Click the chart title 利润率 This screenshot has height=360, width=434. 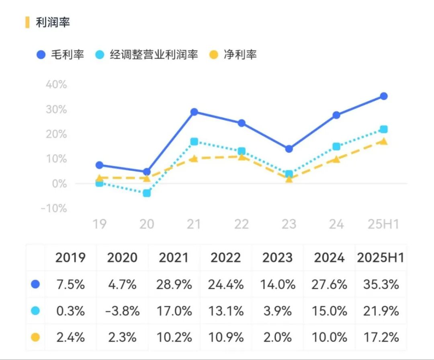53,22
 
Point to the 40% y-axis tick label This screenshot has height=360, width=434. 56,85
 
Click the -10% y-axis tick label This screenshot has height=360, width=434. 54,209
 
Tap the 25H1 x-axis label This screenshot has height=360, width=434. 383,224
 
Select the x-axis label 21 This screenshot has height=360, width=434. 194,224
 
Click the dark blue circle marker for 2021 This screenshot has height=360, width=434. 194,112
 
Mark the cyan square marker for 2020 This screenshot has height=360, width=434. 147,193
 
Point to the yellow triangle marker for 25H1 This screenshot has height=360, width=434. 384,141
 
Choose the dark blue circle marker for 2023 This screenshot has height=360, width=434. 289,149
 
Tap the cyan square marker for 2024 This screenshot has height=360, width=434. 336,147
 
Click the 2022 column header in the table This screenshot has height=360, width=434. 226,258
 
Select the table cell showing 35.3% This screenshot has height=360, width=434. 381,284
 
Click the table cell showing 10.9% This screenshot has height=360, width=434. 226,337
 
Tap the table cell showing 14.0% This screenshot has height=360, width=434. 277,284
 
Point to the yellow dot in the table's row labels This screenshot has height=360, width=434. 35,337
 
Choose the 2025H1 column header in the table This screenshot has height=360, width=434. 381,258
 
